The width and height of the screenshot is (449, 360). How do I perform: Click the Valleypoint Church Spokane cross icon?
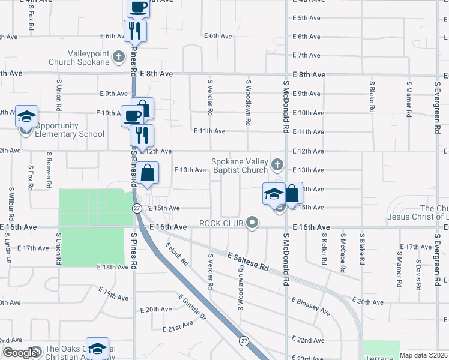(x=119, y=57)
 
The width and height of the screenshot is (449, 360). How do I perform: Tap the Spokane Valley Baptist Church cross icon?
(x=277, y=164)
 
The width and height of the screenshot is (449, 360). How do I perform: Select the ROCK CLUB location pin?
(x=252, y=223)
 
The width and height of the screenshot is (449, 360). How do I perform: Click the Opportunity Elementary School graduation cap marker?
(x=26, y=116)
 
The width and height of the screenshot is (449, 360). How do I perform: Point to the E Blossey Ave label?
(x=310, y=307)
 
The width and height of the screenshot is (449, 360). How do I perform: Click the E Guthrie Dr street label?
(x=192, y=307)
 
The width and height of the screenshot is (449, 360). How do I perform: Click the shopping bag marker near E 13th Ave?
(x=147, y=173)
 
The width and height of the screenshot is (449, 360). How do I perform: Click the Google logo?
(x=19, y=353)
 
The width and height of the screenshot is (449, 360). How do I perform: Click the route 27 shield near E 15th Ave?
(x=136, y=208)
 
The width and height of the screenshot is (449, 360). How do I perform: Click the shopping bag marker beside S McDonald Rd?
(x=292, y=193)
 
